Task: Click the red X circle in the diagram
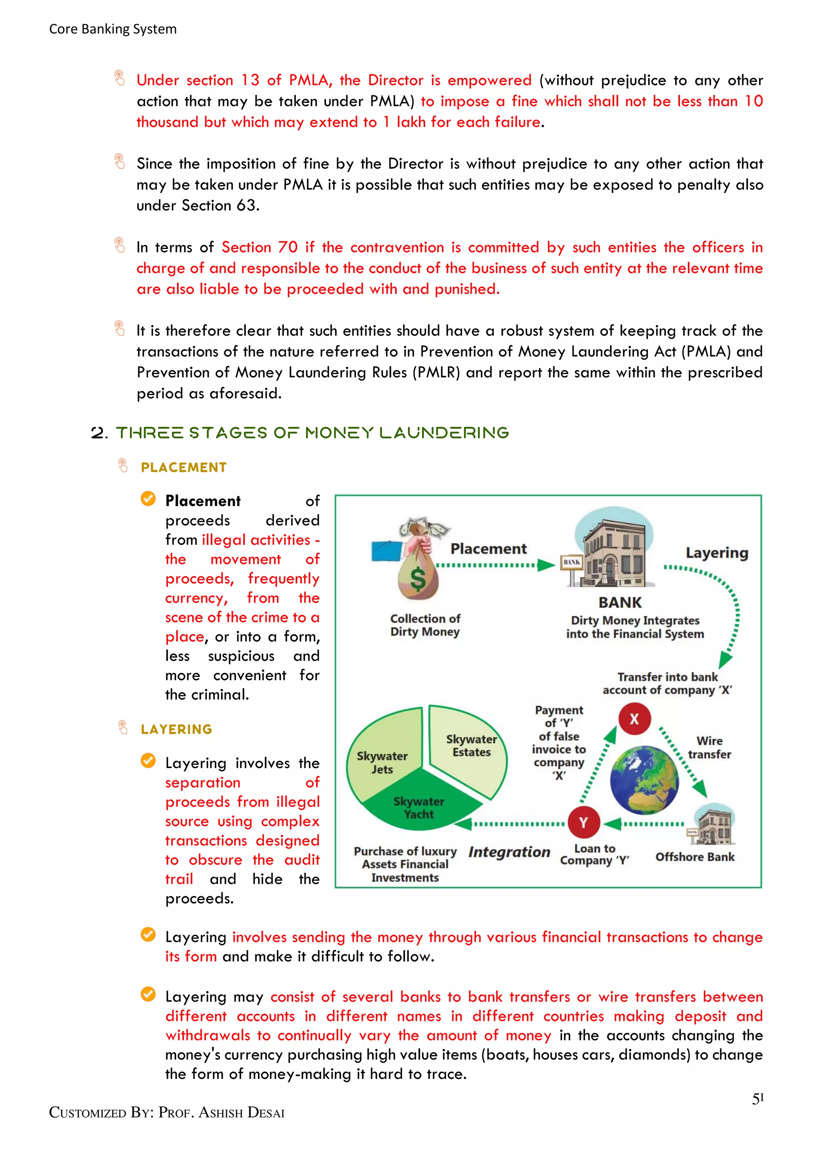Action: pyautogui.click(x=634, y=719)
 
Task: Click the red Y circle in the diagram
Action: pyautogui.click(x=584, y=822)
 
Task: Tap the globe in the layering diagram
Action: pyautogui.click(x=644, y=780)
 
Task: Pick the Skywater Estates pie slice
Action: pyautogui.click(x=470, y=746)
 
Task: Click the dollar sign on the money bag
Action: pyautogui.click(x=418, y=579)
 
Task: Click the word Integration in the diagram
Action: pyautogui.click(x=509, y=852)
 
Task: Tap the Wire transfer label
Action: pyautogui.click(x=709, y=747)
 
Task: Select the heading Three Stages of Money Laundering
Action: pyautogui.click(x=312, y=433)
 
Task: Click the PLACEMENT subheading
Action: pyautogui.click(x=184, y=467)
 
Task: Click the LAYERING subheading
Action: pyautogui.click(x=176, y=729)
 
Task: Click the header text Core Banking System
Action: pyautogui.click(x=113, y=29)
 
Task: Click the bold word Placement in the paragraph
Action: pyautogui.click(x=203, y=501)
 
